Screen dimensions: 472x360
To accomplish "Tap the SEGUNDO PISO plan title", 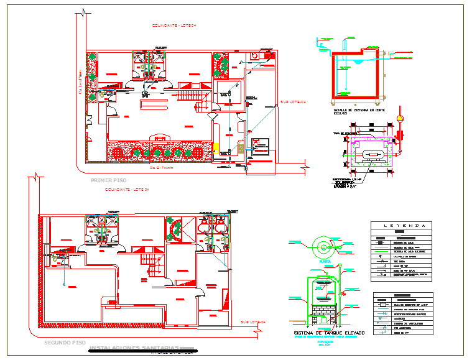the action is [x=61, y=343].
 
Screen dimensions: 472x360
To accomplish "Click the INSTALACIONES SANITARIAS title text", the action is [x=134, y=348].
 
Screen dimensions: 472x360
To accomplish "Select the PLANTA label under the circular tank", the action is [x=324, y=262].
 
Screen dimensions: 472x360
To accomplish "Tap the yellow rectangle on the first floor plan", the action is [x=215, y=149].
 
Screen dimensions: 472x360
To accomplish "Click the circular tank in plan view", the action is [x=323, y=247].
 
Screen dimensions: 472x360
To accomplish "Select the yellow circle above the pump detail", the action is [x=400, y=118].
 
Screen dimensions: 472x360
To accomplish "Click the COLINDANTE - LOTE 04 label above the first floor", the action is [x=174, y=25].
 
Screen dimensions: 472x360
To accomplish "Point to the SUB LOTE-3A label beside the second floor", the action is [x=252, y=321].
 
